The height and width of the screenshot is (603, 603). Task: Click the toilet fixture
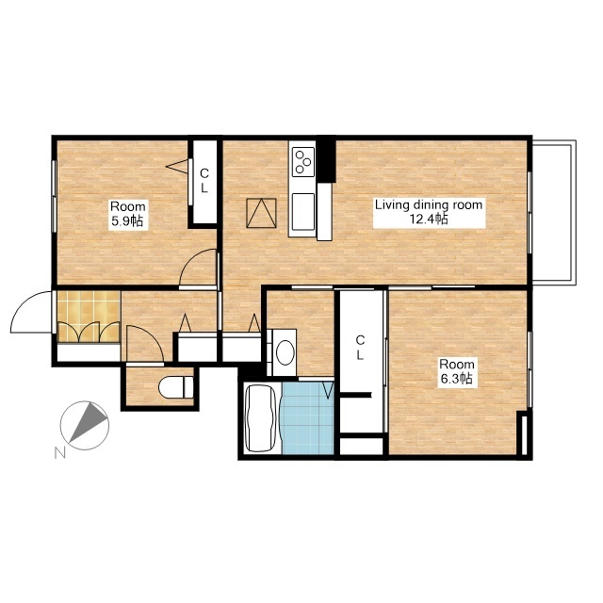176,387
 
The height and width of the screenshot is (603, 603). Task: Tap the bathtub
261,417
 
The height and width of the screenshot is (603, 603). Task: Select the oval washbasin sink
285,352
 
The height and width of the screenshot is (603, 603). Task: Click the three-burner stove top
303,162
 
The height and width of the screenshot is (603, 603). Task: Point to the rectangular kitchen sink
303,211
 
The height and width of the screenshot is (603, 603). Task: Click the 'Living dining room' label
429,205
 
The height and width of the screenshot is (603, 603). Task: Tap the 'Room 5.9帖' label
128,214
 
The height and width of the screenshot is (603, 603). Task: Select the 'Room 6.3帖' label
456,371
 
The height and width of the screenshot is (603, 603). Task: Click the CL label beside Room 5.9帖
204,181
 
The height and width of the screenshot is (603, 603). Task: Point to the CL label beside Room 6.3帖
360,348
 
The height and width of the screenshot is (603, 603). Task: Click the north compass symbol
85,425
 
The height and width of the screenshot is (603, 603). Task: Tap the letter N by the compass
59,453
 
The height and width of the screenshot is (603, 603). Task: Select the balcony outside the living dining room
554,213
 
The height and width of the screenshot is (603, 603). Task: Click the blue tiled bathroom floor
308,417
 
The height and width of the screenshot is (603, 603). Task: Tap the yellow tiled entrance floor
89,317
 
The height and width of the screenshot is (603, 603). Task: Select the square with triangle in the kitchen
262,213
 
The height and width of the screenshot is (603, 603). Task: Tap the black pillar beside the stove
326,159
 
